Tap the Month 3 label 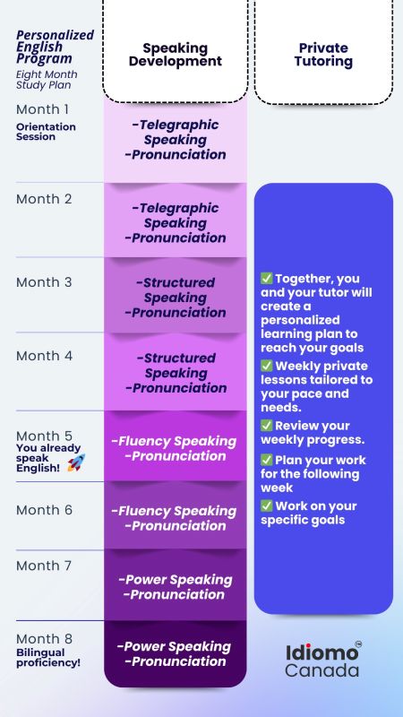[x=44, y=282]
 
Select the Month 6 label [x=44, y=510]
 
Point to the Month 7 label [x=44, y=566]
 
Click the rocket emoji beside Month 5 [x=76, y=462]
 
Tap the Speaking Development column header [x=176, y=55]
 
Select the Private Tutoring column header [x=323, y=55]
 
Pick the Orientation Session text [x=46, y=132]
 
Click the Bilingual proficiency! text [x=48, y=658]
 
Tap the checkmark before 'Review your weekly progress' [x=266, y=425]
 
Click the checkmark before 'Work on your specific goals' [x=266, y=505]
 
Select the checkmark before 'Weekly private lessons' [x=266, y=366]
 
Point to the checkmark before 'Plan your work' [x=266, y=460]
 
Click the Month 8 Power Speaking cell [x=176, y=654]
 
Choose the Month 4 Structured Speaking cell [x=176, y=372]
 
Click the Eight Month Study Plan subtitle [x=47, y=80]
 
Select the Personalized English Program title [x=55, y=47]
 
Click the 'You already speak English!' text [x=48, y=458]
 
